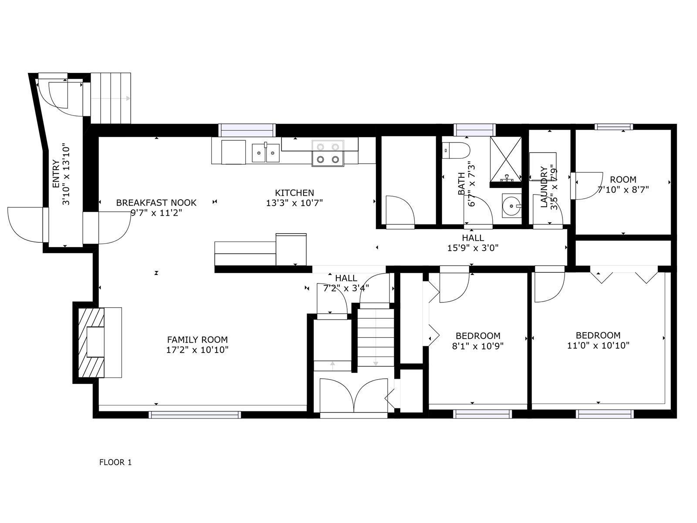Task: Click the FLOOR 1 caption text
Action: tap(115, 462)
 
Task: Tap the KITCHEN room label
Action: tap(294, 193)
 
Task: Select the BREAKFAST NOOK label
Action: tap(156, 203)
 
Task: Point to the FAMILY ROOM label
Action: tap(197, 340)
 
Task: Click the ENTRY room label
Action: tap(56, 174)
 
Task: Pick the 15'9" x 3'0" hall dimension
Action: tap(473, 248)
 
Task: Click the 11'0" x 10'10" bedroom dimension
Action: tap(598, 345)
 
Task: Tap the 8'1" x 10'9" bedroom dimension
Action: tap(477, 346)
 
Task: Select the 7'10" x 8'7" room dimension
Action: tap(623, 190)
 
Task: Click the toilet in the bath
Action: tap(456, 150)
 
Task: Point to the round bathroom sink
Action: tap(511, 205)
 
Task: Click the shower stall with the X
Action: tap(505, 160)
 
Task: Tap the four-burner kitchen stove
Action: tap(328, 153)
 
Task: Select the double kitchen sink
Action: tap(266, 153)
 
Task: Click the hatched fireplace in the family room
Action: tap(91, 342)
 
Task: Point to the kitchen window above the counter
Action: tap(247, 130)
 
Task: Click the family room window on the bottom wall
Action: tap(195, 415)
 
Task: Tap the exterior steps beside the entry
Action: tap(111, 98)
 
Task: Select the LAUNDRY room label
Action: tap(544, 187)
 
